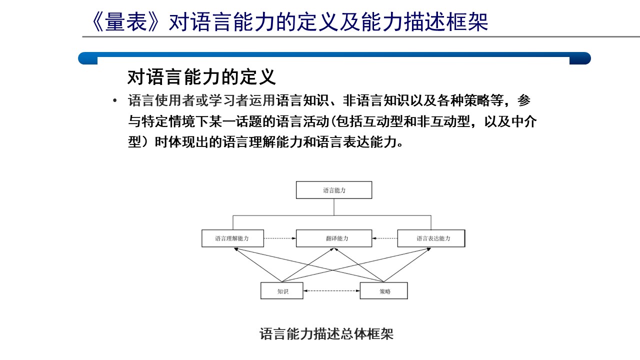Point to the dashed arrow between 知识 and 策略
click(x=331, y=291)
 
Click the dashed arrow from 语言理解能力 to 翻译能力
click(x=279, y=238)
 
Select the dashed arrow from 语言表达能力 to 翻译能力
click(x=384, y=238)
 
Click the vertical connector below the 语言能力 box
click(x=334, y=207)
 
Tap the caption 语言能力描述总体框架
click(x=326, y=334)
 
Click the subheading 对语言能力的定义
click(x=201, y=77)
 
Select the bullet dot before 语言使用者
click(x=115, y=100)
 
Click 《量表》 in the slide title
click(x=125, y=22)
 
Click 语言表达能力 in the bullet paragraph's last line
click(x=356, y=142)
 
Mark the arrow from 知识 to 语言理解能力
click(x=258, y=265)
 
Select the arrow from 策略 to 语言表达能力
click(x=407, y=265)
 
